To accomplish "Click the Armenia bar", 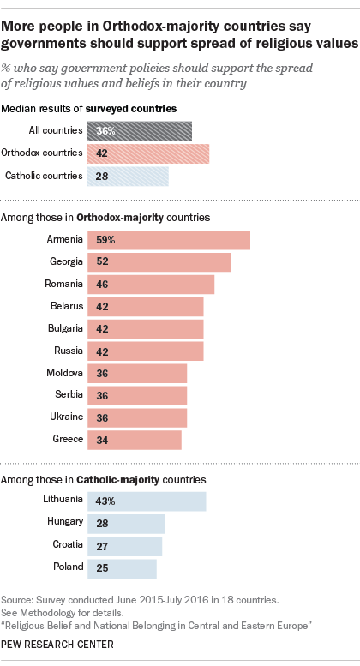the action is [169, 240].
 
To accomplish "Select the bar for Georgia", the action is [159, 262].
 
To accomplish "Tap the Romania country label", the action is [63, 284].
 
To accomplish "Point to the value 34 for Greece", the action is [102, 440].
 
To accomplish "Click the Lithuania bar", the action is [147, 501].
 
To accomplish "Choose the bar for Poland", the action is [123, 569].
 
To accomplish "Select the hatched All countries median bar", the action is [140, 131].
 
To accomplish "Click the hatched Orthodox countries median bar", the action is [148, 153].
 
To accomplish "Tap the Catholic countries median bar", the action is [129, 177].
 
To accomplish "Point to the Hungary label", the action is [65, 522].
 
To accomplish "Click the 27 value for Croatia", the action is [102, 546].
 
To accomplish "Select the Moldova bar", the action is [137, 374].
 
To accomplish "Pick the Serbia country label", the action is [69, 394].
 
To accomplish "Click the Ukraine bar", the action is [137, 418].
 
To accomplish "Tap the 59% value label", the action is [105, 240].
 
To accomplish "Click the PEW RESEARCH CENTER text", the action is [57, 645].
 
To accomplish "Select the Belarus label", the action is [67, 306].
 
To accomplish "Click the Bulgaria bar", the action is [146, 329].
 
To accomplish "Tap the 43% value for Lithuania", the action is [105, 501].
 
